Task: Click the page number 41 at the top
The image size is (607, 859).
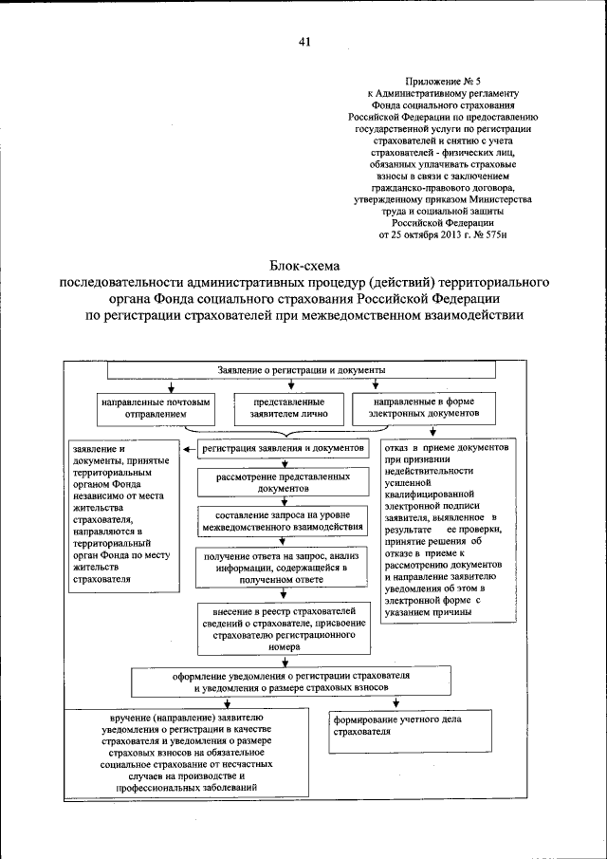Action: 303,41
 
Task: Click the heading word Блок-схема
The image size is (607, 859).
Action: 303,266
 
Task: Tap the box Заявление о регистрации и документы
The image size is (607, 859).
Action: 303,368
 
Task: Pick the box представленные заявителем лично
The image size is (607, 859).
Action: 283,407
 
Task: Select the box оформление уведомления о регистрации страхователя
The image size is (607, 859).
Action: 303,681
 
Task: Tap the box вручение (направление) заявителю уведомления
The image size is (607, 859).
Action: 188,754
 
